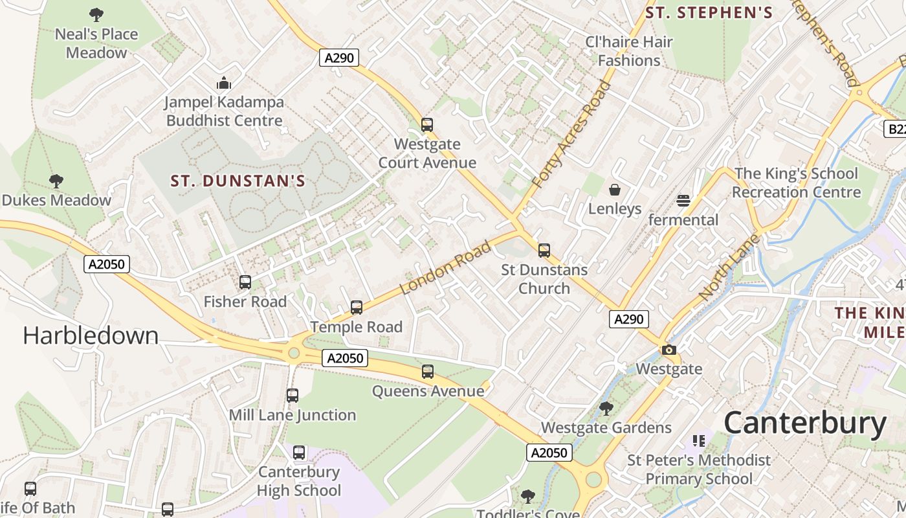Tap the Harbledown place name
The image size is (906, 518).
click(x=91, y=335)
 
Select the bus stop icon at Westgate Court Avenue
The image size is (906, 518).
click(x=426, y=125)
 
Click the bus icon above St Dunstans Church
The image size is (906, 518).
click(x=544, y=250)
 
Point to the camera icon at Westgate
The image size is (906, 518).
click(x=668, y=350)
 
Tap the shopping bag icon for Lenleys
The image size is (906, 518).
click(x=614, y=190)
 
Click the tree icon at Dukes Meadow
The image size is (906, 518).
click(x=56, y=181)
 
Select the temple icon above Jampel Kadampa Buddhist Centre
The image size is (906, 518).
click(x=224, y=83)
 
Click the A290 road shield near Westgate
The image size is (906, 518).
click(x=628, y=319)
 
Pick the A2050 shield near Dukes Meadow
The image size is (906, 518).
click(x=107, y=264)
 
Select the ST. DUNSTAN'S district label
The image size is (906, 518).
click(x=238, y=181)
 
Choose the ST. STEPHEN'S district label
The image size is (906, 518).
click(x=709, y=12)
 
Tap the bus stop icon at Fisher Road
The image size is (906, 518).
click(x=245, y=282)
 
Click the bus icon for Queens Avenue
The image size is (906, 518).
click(x=427, y=372)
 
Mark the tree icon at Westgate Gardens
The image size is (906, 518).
click(x=606, y=408)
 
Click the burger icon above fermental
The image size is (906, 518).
click(x=683, y=201)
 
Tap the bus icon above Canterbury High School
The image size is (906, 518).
click(x=298, y=453)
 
